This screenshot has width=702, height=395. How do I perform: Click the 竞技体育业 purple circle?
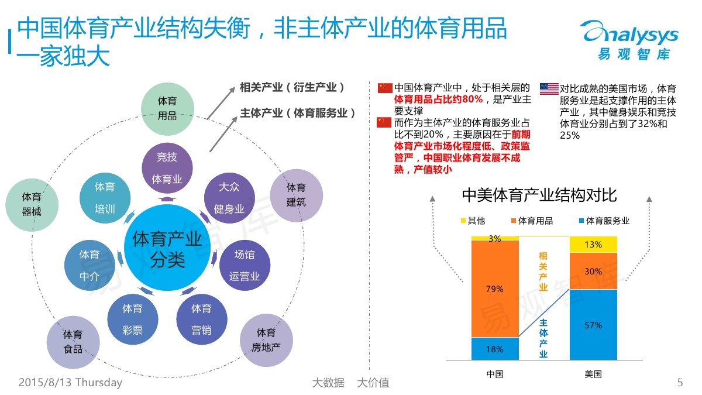point(167,168)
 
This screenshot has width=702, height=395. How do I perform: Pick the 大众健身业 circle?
point(229,198)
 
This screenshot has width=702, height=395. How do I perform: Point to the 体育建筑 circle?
point(296,195)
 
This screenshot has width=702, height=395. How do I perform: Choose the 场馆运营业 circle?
point(245,265)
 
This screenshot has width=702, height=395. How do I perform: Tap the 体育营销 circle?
point(202,319)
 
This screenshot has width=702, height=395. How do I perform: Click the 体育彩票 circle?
point(133,319)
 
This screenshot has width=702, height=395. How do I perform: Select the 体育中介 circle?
point(90,265)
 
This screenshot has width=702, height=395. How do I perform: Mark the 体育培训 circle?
point(105,198)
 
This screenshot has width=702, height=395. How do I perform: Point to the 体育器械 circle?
point(32,204)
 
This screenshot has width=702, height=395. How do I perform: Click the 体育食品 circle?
point(73,342)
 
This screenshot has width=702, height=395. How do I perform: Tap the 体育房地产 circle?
point(266,341)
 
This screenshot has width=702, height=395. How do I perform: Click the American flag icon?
point(549,88)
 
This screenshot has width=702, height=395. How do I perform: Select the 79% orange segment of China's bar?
point(495,288)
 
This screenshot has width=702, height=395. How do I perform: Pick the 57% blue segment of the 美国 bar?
point(593,325)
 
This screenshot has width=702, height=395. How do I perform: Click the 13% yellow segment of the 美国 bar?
point(593,244)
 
